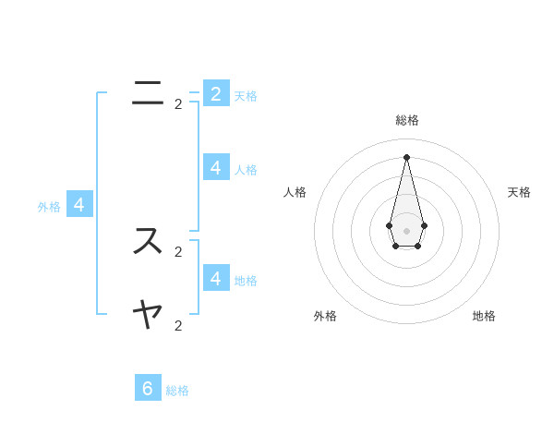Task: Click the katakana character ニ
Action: click(x=148, y=92)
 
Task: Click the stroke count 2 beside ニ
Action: click(x=178, y=104)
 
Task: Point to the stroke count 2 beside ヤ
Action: click(x=178, y=326)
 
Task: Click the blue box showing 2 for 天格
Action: click(x=216, y=93)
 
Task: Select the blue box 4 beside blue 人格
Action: click(x=216, y=167)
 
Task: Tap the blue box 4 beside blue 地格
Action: click(x=216, y=278)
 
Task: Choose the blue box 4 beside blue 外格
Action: click(x=79, y=205)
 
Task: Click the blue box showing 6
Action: click(x=148, y=388)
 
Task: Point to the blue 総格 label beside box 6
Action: click(x=177, y=391)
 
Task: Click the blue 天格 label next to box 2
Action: click(x=246, y=96)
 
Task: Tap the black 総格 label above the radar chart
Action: click(x=406, y=120)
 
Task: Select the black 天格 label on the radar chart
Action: click(x=519, y=192)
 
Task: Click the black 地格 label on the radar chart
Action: click(x=484, y=316)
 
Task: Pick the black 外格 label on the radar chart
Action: click(x=325, y=316)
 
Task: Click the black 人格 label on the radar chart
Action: click(x=295, y=192)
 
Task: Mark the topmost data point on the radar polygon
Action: click(x=406, y=157)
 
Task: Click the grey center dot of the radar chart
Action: click(x=406, y=231)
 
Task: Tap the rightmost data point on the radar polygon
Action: click(x=424, y=225)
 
